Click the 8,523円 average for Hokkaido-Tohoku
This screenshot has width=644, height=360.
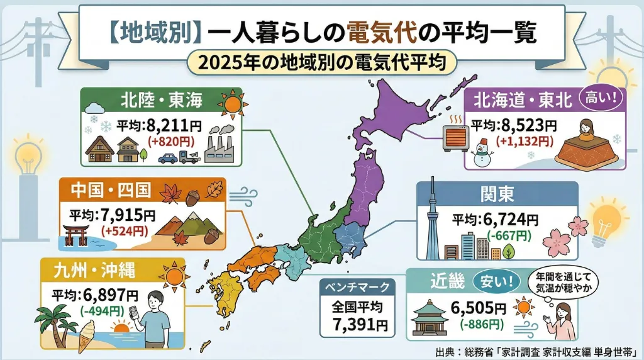click(x=521, y=125)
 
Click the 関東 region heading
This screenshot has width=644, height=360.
click(x=497, y=193)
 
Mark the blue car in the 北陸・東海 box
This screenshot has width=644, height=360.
click(x=167, y=158)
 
